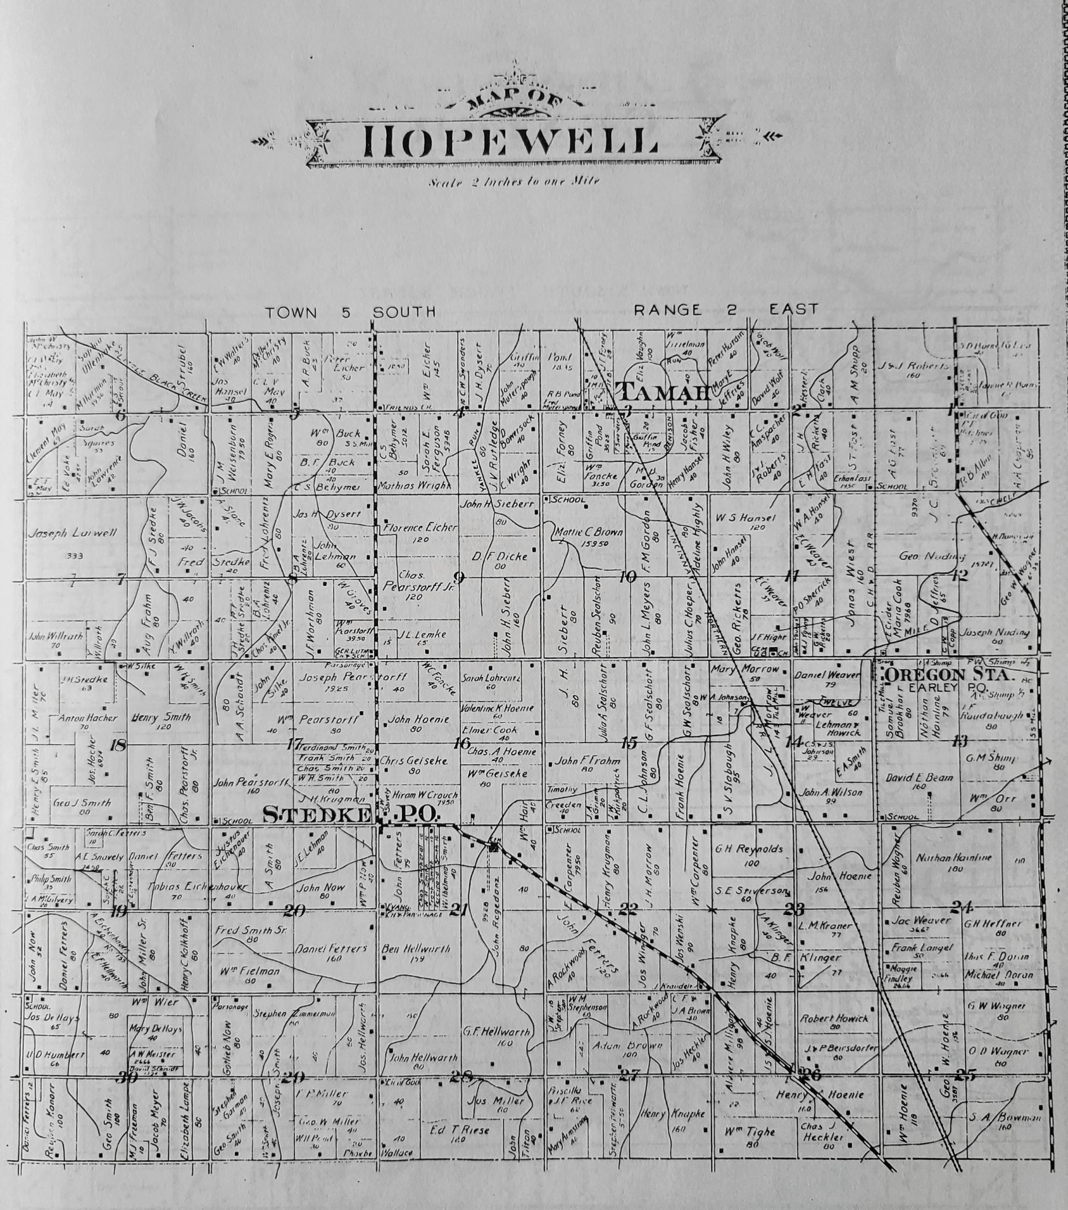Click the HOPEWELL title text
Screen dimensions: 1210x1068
coord(511,141)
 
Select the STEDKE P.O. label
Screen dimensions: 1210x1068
coord(349,815)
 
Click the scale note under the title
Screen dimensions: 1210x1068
coord(513,182)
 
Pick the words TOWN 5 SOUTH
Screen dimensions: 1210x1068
coord(350,312)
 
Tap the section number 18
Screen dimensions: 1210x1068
coord(118,745)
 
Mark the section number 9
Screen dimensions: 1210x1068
coord(458,578)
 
